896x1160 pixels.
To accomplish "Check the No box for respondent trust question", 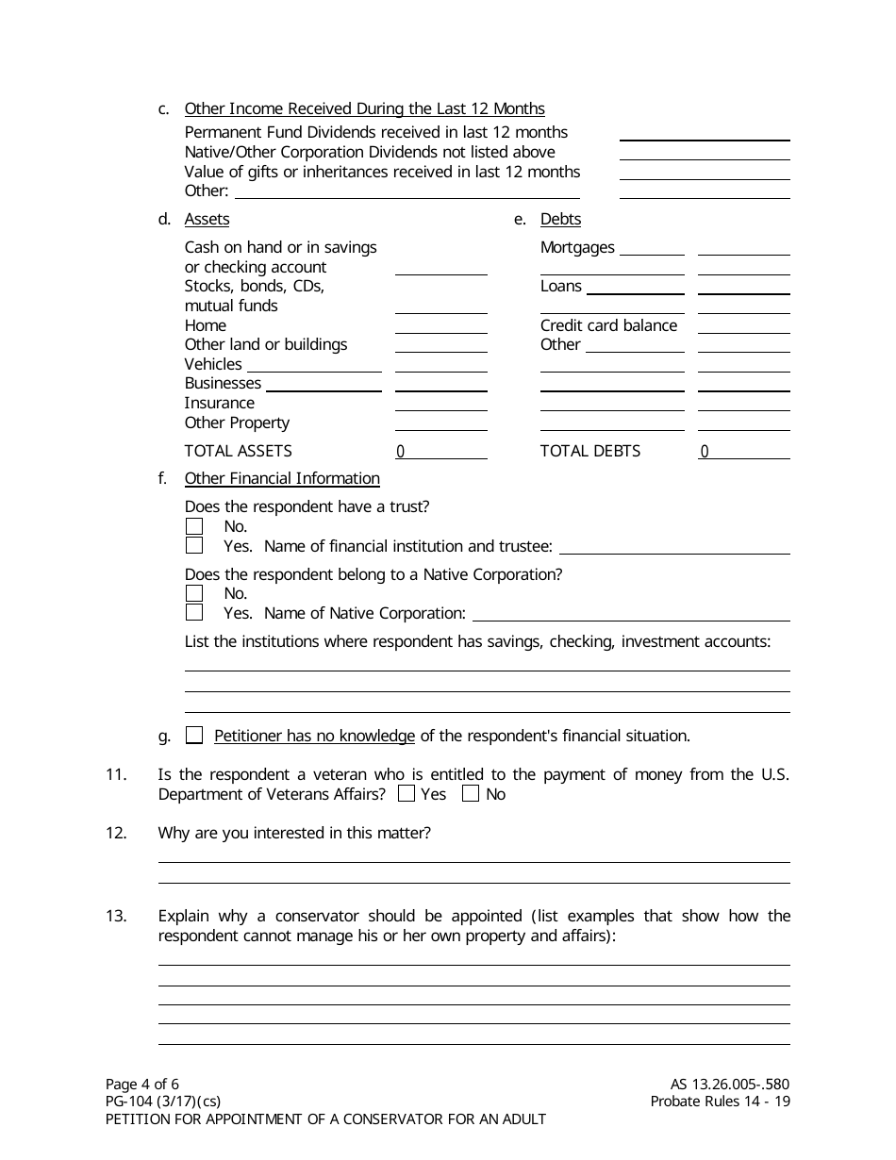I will pyautogui.click(x=194, y=526).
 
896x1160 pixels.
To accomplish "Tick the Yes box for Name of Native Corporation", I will pyautogui.click(x=194, y=613).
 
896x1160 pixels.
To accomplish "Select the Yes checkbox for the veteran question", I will pyautogui.click(x=407, y=794).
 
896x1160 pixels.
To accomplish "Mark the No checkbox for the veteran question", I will pyautogui.click(x=471, y=794).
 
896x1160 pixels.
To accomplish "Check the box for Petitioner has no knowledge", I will pyautogui.click(x=194, y=736).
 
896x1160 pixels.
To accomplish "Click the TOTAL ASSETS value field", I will pyautogui.click(x=440, y=451).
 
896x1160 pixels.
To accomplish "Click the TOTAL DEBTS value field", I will pyautogui.click(x=743, y=451).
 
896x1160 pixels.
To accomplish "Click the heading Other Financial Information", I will pyautogui.click(x=282, y=478).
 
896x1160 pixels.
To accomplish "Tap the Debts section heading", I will pyautogui.click(x=560, y=219).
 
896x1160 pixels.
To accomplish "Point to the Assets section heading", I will pyautogui.click(x=207, y=219).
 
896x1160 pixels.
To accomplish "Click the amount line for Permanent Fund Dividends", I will pyautogui.click(x=705, y=133).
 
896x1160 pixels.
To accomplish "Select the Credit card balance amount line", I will pyautogui.click(x=743, y=325).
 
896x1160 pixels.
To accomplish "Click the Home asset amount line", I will pyautogui.click(x=440, y=325).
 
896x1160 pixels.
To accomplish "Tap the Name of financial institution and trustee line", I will pyautogui.click(x=674, y=547).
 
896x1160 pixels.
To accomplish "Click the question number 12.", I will pyautogui.click(x=116, y=833).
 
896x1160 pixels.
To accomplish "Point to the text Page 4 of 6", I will pyautogui.click(x=141, y=1084).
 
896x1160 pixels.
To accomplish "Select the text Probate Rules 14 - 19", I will pyautogui.click(x=720, y=1102).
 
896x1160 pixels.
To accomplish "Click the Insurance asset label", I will pyautogui.click(x=219, y=403).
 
